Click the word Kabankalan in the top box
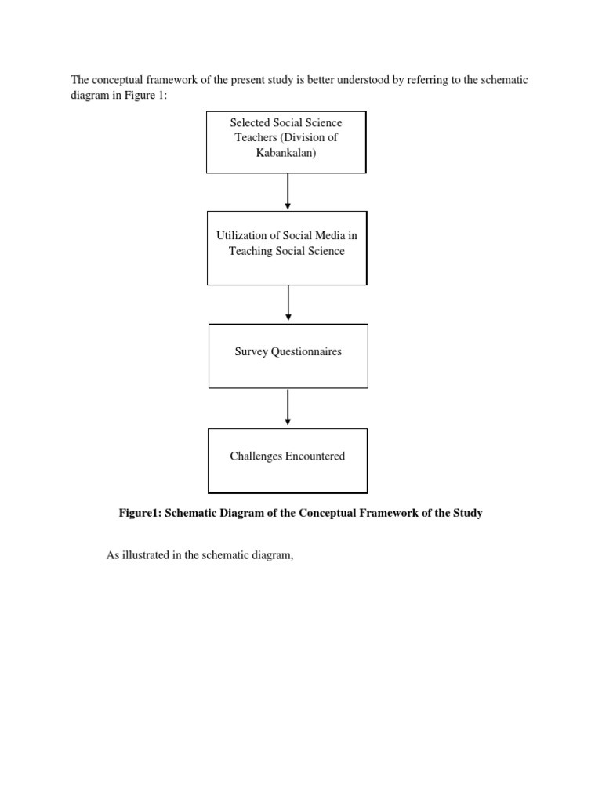tap(286, 152)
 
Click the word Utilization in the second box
tap(242, 236)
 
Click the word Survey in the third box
tap(251, 351)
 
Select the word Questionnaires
tap(306, 351)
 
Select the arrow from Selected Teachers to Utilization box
tap(288, 191)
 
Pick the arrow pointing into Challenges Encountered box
tap(288, 407)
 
